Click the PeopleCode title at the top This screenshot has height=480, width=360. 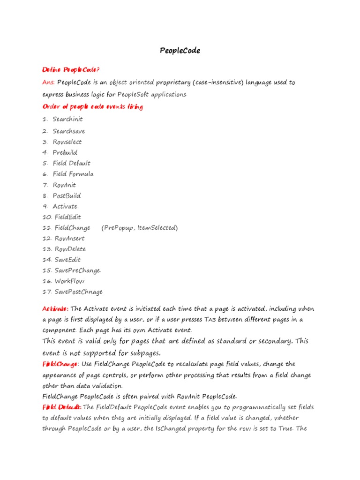click(180, 51)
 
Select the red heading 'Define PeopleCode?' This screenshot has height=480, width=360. click(70, 70)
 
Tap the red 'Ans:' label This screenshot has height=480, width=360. click(49, 82)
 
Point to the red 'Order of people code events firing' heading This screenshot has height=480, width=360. click(92, 107)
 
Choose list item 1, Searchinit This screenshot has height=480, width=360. click(67, 119)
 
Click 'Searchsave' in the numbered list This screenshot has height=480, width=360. click(68, 131)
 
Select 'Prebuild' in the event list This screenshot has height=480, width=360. click(65, 152)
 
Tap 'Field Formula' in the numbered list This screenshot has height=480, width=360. click(73, 174)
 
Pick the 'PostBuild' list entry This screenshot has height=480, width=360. click(67, 195)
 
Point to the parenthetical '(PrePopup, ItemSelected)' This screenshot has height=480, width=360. click(139, 228)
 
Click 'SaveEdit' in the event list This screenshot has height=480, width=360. click(67, 260)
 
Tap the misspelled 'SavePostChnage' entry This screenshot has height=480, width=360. click(78, 292)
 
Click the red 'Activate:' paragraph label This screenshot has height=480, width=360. click(55, 309)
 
